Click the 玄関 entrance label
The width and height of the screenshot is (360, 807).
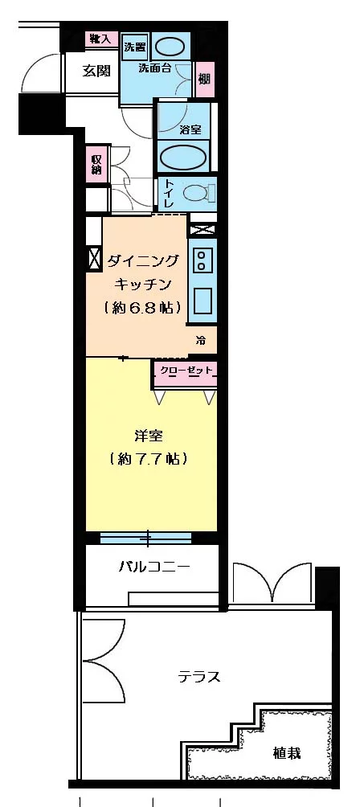[x=96, y=71]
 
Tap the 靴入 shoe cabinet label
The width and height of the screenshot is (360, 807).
[x=101, y=39]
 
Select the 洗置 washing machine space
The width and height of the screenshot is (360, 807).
[x=134, y=47]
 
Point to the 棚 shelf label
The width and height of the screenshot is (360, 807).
[x=204, y=79]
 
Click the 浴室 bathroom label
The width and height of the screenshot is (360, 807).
[x=190, y=129]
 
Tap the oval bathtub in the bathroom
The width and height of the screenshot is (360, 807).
[x=184, y=156]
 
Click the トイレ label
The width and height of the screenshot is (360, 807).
[x=170, y=194]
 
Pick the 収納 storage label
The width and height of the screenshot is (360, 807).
[x=96, y=164]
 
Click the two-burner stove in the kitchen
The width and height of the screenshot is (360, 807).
[x=201, y=260]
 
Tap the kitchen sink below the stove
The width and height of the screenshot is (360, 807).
[x=202, y=301]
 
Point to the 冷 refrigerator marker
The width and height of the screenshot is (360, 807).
[x=201, y=341]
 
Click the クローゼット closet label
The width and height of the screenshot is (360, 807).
[x=186, y=371]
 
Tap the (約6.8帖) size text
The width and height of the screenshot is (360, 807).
[x=142, y=306]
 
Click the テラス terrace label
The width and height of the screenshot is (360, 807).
[x=199, y=676]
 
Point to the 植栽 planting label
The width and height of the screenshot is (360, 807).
[x=287, y=753]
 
